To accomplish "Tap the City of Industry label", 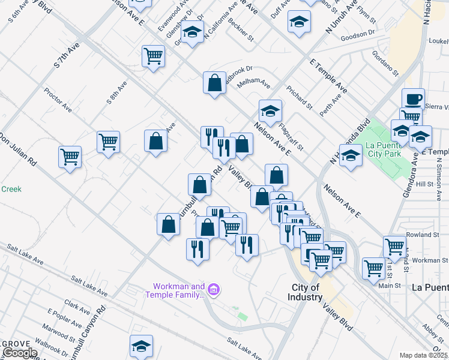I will (304, 292).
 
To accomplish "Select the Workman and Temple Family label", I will (175, 290).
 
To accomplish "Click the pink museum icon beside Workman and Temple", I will (214, 291).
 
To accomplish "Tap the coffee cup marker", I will (412, 98).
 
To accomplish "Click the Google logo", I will (19, 353).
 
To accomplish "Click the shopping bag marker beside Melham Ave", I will (214, 83).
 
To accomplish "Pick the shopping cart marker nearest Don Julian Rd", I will (70, 157).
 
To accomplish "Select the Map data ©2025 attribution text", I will (424, 355).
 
